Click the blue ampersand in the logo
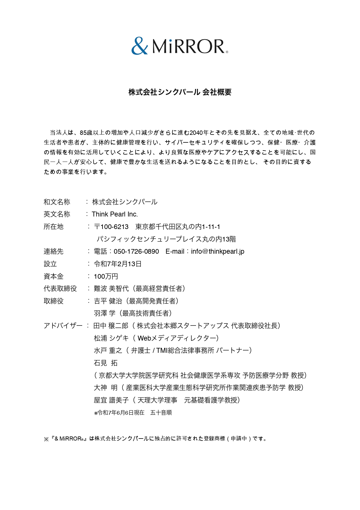point(139,46)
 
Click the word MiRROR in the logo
point(188,46)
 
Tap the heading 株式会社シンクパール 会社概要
point(180,92)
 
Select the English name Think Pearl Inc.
point(115,214)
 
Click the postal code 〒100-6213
point(111,227)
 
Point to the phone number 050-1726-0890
point(136,251)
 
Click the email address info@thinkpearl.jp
point(217,251)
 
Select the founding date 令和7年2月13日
point(118,264)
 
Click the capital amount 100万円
point(106,276)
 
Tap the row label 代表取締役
point(60,289)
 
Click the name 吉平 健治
point(108,301)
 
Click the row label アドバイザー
point(63,326)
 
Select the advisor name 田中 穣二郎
point(111,326)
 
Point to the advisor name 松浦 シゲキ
point(111,338)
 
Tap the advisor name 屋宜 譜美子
point(111,400)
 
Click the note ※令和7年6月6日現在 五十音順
point(133,413)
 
